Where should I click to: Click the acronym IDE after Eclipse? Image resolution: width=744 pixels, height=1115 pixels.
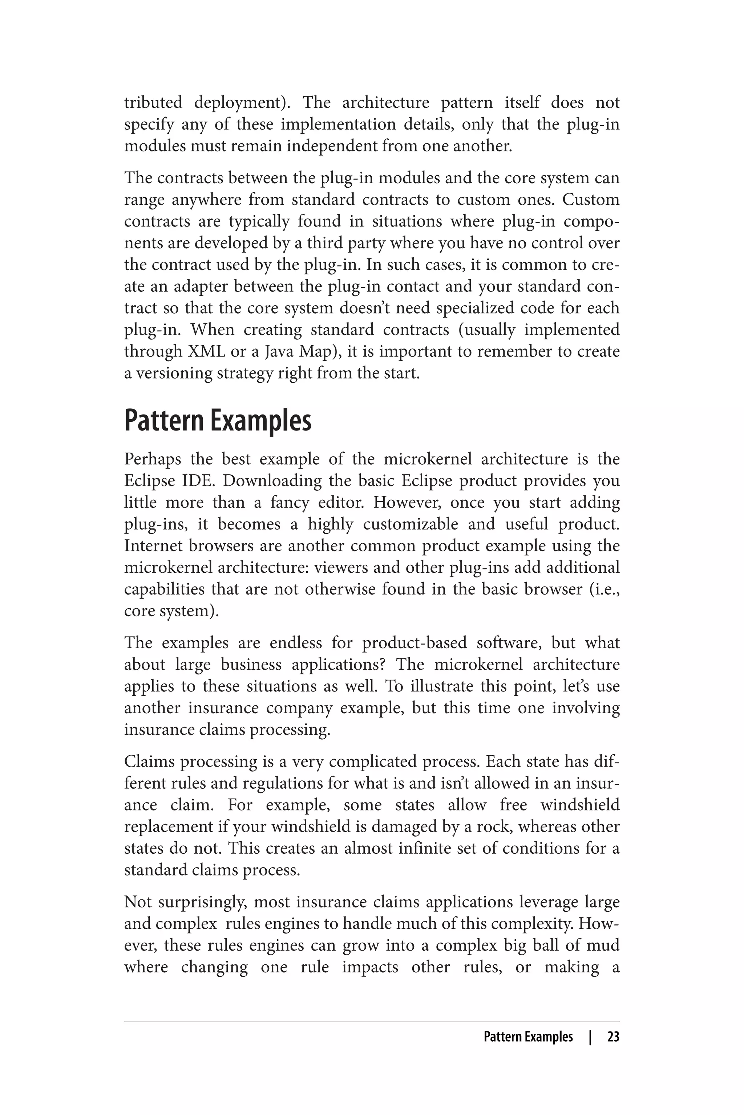[x=195, y=481]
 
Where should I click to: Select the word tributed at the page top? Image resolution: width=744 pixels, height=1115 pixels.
[x=153, y=102]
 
